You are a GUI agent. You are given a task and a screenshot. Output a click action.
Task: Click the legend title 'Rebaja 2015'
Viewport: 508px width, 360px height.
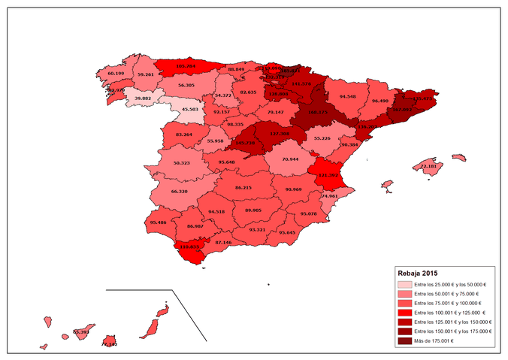pyautogui.click(x=419, y=273)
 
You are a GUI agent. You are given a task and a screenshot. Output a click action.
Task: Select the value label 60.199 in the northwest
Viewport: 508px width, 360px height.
pyautogui.click(x=116, y=74)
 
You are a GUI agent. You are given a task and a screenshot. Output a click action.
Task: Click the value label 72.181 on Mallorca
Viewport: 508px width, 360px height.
pyautogui.click(x=429, y=166)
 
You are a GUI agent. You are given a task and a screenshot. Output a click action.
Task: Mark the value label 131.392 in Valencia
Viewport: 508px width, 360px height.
pyautogui.click(x=329, y=175)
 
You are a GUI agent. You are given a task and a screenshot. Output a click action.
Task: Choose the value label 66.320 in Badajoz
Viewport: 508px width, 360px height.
pyautogui.click(x=180, y=191)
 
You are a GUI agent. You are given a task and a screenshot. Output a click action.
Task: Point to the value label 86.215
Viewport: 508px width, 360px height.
pyautogui.click(x=243, y=187)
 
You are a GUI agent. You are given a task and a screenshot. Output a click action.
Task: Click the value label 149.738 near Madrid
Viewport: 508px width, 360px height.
pyautogui.click(x=245, y=143)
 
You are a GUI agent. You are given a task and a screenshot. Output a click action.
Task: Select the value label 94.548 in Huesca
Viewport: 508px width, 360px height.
pyautogui.click(x=347, y=96)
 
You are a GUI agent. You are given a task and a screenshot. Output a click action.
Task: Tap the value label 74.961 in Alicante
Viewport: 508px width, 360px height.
pyautogui.click(x=329, y=195)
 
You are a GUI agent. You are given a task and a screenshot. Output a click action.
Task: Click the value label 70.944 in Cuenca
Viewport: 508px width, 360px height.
pyautogui.click(x=290, y=159)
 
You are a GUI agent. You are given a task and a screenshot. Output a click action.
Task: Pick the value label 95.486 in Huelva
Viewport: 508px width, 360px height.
pyautogui.click(x=158, y=222)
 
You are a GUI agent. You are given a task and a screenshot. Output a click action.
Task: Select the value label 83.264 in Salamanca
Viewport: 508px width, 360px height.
pyautogui.click(x=183, y=135)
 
